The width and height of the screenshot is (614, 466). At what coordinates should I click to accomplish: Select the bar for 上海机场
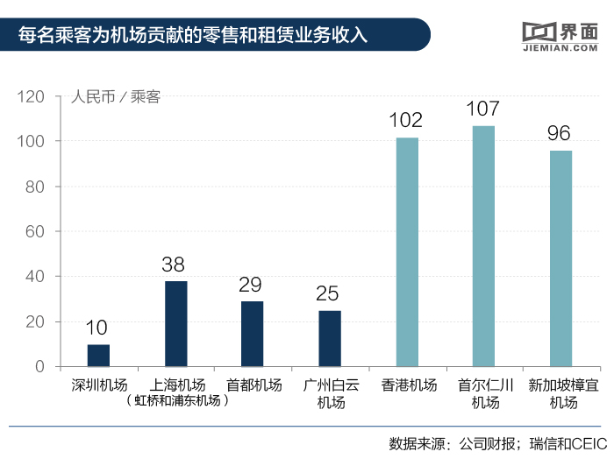175,323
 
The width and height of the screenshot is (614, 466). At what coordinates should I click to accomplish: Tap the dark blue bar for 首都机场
253,334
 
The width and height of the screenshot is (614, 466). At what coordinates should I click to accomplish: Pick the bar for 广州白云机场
330,338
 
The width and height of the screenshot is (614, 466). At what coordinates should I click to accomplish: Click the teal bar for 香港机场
407,251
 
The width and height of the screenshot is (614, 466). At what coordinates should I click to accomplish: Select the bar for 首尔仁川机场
483,246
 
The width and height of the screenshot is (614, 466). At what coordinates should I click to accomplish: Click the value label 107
483,109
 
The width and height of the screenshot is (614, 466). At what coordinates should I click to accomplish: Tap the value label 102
406,121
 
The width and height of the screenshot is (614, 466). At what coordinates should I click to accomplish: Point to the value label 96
560,134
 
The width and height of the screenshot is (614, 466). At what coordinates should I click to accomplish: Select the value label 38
175,265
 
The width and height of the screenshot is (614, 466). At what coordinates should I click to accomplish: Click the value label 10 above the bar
97,328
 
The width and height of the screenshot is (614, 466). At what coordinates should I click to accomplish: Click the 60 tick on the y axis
46,231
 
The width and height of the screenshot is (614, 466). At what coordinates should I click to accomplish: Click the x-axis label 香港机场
409,385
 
